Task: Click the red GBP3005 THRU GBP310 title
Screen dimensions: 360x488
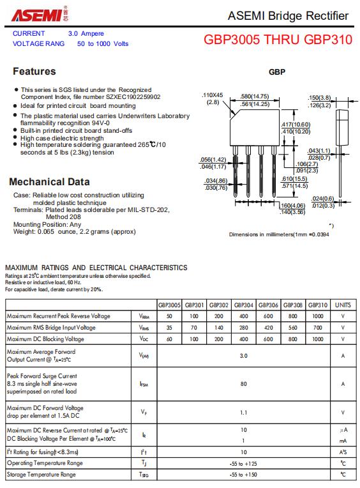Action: tap(278, 40)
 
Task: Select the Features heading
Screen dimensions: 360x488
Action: tap(34, 72)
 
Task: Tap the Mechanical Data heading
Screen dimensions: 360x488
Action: tap(49, 182)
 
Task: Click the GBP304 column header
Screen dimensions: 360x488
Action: tap(243, 305)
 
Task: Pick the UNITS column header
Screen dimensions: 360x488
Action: tap(343, 305)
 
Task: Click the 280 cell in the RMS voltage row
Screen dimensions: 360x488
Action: tap(243, 328)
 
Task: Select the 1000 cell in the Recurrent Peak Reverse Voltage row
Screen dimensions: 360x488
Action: tap(318, 316)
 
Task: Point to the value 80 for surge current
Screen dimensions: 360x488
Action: tap(243, 384)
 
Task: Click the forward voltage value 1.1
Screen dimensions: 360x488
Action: tap(243, 413)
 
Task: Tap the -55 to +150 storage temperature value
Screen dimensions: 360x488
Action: tap(243, 475)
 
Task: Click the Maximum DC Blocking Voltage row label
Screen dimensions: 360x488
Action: tap(45, 339)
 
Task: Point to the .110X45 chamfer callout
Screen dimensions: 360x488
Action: tap(213, 98)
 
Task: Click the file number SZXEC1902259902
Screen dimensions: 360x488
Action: tap(133, 97)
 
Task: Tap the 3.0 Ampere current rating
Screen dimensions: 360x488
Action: tap(86, 33)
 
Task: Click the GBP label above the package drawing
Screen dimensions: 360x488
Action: tap(277, 72)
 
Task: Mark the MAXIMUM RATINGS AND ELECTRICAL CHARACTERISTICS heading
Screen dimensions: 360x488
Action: tap(96, 268)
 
